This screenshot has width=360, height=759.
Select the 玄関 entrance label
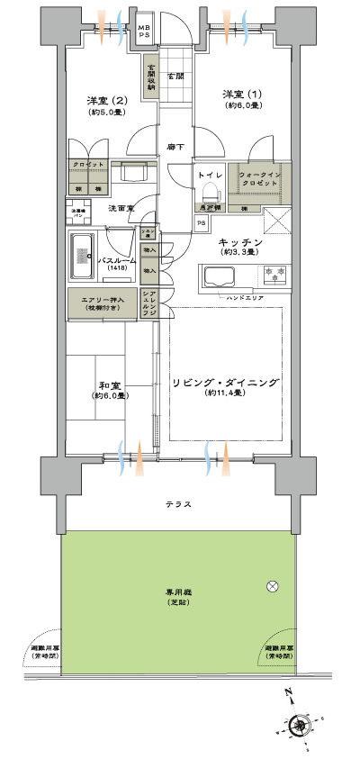click(x=175, y=77)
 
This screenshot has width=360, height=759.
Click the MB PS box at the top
click(x=144, y=33)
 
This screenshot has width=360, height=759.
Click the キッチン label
click(x=239, y=243)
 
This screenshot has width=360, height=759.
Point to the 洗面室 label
click(x=121, y=208)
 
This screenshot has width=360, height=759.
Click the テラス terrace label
click(x=178, y=504)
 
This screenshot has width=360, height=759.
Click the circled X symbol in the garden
click(x=273, y=587)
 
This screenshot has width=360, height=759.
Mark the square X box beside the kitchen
click(x=275, y=221)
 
